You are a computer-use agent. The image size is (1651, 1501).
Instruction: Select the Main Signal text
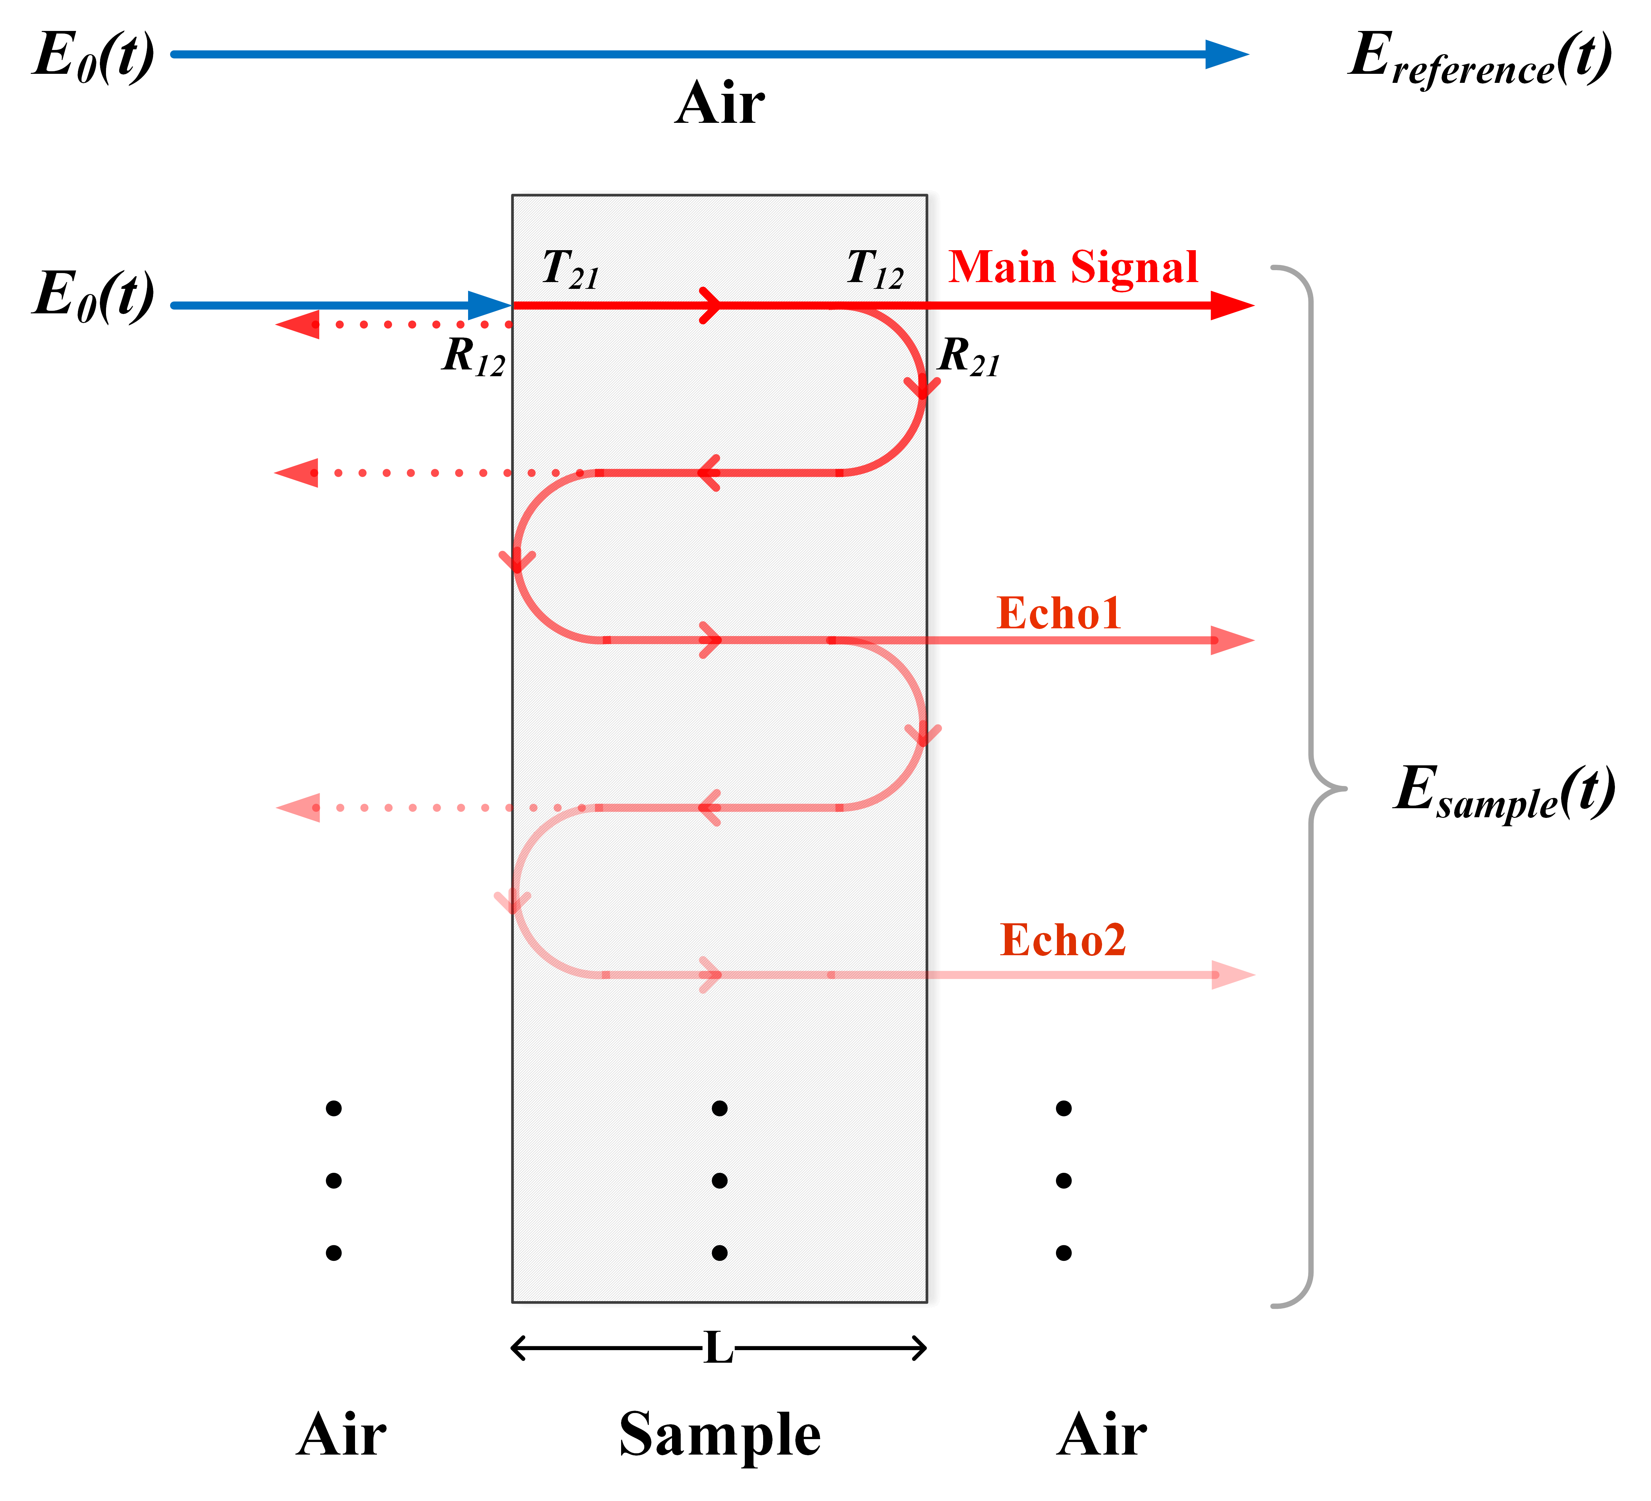pyautogui.click(x=1073, y=268)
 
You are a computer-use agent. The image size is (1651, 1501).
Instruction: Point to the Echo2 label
pyautogui.click(x=1062, y=940)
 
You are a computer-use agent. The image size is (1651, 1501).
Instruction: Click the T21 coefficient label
pyautogui.click(x=571, y=269)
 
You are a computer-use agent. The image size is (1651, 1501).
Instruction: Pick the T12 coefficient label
pyautogui.click(x=875, y=269)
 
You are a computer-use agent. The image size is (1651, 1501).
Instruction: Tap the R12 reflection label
pyautogui.click(x=473, y=357)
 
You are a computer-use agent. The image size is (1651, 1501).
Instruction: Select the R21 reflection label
pyautogui.click(x=969, y=357)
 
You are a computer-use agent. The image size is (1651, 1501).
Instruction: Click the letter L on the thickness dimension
pyautogui.click(x=718, y=1348)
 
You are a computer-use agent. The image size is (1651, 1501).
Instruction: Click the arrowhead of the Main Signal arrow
pyautogui.click(x=1233, y=306)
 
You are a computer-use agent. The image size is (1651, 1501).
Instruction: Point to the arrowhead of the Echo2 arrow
pyautogui.click(x=1233, y=975)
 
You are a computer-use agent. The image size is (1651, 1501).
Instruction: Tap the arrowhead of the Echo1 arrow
pyautogui.click(x=1233, y=640)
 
